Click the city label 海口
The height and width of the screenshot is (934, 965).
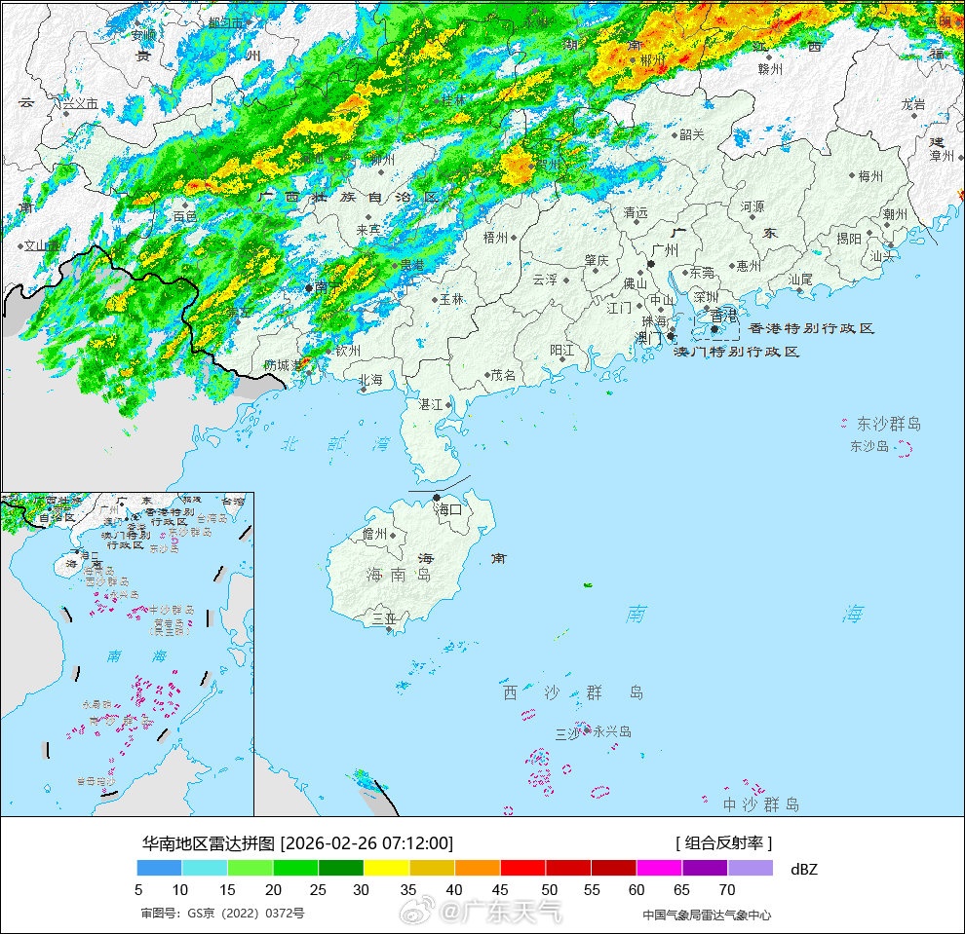[x=448, y=509]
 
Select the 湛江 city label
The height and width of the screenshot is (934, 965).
[x=430, y=403]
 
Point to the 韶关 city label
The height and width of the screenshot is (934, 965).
[x=691, y=135]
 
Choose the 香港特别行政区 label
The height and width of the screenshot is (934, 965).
[x=811, y=329]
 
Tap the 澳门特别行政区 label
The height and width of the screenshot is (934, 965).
[x=737, y=352]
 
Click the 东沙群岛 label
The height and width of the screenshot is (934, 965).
[x=888, y=424]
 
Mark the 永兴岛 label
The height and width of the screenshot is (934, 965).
[x=612, y=731]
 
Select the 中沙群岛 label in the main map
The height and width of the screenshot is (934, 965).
[x=760, y=804]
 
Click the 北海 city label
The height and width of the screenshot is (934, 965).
[x=370, y=381]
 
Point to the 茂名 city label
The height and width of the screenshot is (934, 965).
[x=503, y=375]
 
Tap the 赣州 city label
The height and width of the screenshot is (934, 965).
[x=770, y=69]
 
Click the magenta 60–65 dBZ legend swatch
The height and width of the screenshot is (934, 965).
[x=659, y=868]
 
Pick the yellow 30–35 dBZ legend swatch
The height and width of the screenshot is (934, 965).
[x=386, y=868]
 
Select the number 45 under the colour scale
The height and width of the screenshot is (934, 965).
[x=500, y=888]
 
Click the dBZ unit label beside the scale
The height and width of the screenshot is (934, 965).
[x=804, y=869]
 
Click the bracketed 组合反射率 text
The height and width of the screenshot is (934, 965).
[x=723, y=842]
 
